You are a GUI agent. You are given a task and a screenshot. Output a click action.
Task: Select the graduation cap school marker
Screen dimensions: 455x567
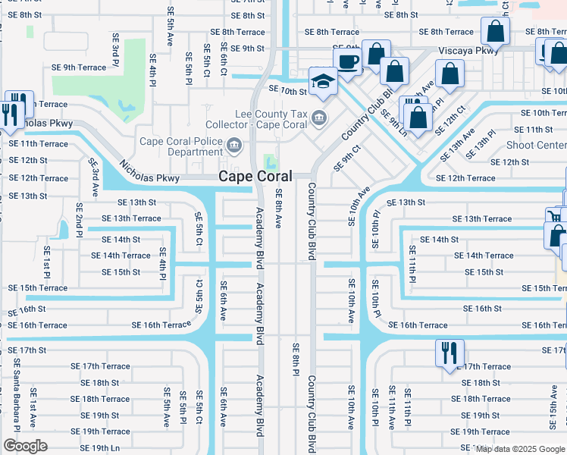(x=323, y=82)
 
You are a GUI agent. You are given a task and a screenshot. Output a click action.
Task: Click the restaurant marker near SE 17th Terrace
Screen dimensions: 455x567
(x=449, y=353)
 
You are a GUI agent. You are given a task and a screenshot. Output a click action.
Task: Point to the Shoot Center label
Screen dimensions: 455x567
(x=535, y=145)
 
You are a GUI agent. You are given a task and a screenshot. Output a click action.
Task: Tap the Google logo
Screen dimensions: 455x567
(x=25, y=446)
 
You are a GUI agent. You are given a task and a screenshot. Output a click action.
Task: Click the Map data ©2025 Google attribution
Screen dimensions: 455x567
(x=520, y=449)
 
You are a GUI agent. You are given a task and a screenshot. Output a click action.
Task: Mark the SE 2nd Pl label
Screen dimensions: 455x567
(x=79, y=218)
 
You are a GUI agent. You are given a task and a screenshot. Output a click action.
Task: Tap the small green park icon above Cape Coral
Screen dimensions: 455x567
(x=268, y=162)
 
